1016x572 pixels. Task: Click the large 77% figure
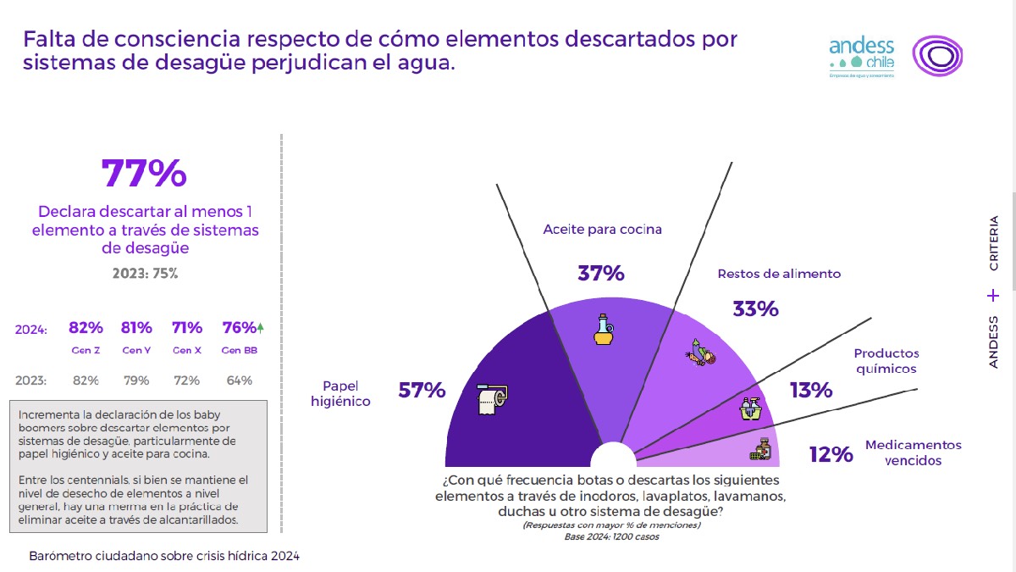click(144, 174)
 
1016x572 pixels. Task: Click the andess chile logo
click(861, 57)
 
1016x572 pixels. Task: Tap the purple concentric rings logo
click(937, 57)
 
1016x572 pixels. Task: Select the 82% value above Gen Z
click(86, 328)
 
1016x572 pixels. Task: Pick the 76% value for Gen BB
click(238, 328)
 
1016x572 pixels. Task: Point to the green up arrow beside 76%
click(260, 327)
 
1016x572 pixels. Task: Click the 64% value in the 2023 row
click(240, 380)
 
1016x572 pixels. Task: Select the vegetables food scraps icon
click(700, 352)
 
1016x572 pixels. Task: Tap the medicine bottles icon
click(760, 449)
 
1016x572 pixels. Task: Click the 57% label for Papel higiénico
click(421, 391)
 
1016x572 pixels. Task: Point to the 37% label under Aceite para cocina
click(601, 274)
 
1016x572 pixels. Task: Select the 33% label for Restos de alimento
click(755, 309)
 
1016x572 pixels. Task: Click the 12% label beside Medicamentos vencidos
click(830, 455)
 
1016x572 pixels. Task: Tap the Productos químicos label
click(886, 361)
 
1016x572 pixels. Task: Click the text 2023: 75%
click(145, 274)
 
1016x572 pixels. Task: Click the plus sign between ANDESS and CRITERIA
click(993, 296)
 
